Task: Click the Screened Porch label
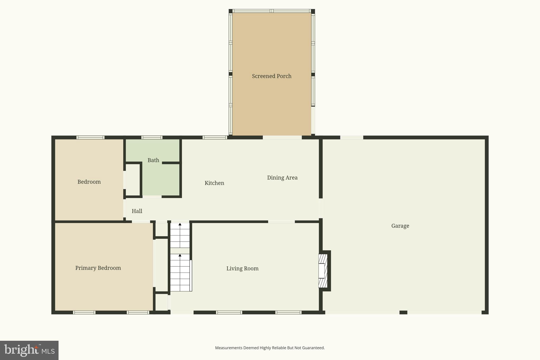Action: point(272,76)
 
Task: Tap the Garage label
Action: point(400,226)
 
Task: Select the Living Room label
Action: point(242,268)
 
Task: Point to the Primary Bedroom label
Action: point(98,268)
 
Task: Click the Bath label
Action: point(153,160)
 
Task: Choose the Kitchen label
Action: point(214,183)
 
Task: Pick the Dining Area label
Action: point(282,178)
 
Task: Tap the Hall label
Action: point(137,211)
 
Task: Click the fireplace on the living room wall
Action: point(323,271)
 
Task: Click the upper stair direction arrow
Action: point(180,224)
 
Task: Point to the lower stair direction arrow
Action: point(180,255)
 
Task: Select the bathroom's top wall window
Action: point(152,137)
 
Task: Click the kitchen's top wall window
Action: point(215,137)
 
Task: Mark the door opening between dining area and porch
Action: point(282,137)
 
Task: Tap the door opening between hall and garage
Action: point(321,208)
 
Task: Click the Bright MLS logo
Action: point(29,350)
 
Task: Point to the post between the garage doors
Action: point(403,313)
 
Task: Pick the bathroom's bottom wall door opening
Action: point(152,197)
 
